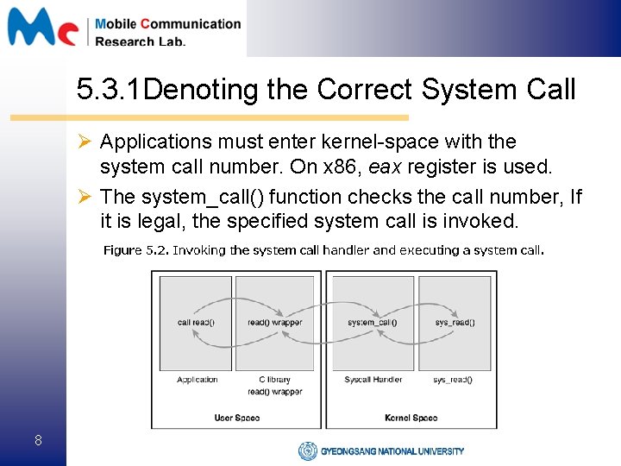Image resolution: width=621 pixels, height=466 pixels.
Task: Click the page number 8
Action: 38,441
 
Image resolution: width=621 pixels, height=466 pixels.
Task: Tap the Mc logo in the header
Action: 43,28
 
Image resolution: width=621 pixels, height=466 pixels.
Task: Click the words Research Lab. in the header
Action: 140,41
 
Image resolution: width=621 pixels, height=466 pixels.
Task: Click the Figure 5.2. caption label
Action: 136,250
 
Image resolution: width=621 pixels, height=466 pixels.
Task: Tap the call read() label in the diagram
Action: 196,323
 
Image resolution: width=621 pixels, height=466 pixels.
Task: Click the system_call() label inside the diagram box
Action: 373,323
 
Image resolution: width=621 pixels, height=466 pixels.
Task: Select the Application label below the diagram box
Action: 197,380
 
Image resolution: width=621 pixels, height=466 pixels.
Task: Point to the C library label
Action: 274,380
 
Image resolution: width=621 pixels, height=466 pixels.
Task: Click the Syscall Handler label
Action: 373,380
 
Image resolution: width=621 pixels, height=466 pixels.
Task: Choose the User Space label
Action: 236,418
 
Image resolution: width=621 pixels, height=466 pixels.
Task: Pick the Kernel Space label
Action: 411,418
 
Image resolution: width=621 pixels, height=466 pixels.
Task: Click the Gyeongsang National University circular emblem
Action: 308,450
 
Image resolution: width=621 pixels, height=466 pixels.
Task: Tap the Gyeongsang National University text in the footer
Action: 392,450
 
